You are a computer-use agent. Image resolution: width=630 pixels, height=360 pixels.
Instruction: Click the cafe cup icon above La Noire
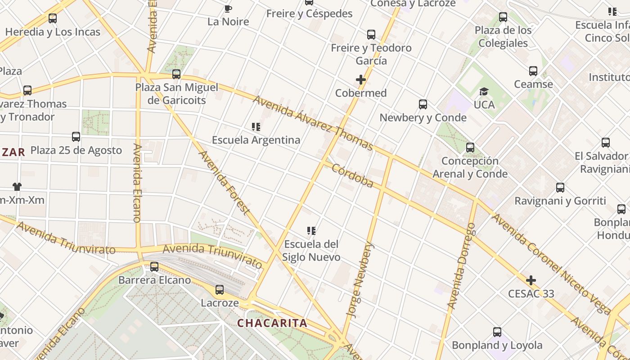coord(228,9)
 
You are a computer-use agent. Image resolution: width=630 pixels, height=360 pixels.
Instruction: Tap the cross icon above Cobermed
coord(360,80)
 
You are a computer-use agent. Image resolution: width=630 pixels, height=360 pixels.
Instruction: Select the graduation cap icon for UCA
coord(484,92)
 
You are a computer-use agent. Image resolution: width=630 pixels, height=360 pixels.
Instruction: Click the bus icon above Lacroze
coord(220,290)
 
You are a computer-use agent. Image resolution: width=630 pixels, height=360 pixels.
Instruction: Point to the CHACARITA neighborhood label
coord(272,323)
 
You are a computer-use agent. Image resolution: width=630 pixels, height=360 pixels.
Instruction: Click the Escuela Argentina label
coord(256,140)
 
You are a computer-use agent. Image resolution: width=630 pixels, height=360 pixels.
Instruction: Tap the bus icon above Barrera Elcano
coord(154,267)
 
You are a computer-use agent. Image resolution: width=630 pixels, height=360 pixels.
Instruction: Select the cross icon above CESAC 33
coord(531,281)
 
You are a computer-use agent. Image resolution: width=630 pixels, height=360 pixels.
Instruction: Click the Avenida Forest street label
coord(224,182)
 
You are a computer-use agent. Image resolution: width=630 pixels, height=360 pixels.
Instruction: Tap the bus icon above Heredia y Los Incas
coord(53,18)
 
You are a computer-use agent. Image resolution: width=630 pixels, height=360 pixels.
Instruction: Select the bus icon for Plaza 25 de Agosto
coord(76,137)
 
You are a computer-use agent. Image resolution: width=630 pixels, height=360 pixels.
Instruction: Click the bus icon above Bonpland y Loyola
coord(497,332)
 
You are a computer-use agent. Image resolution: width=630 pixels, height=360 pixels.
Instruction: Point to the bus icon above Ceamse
coord(533,71)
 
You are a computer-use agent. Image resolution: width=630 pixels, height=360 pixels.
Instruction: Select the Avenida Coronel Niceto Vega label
coord(551,264)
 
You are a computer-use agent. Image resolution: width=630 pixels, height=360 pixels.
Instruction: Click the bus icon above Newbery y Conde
coord(423,104)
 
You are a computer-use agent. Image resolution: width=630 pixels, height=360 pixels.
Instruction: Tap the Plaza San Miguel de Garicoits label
coord(177,94)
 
